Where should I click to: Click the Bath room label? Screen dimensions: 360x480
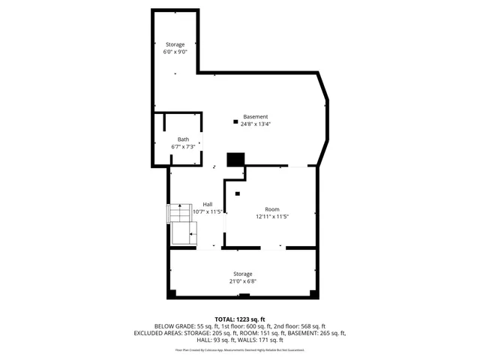click(183, 139)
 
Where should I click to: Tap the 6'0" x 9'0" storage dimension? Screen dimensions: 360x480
click(175, 52)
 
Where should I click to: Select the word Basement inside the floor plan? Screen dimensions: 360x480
click(255, 117)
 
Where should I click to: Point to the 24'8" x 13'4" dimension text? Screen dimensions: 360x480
click(255, 124)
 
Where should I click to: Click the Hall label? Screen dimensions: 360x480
click(207, 205)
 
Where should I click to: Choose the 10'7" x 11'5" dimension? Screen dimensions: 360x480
click(207, 212)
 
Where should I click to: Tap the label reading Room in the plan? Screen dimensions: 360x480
click(271, 209)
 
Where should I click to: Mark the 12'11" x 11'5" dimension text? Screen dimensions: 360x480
click(271, 217)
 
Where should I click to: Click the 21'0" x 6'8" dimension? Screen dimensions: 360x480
click(242, 281)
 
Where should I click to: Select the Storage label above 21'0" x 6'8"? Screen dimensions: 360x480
click(242, 274)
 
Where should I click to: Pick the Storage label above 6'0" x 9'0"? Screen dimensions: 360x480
click(175, 45)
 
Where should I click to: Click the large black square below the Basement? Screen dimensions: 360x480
click(236, 160)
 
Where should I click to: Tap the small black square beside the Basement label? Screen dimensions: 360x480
click(235, 121)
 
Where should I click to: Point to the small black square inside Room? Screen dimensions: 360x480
click(237, 193)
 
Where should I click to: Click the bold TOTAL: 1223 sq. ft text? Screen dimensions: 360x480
click(240, 319)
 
